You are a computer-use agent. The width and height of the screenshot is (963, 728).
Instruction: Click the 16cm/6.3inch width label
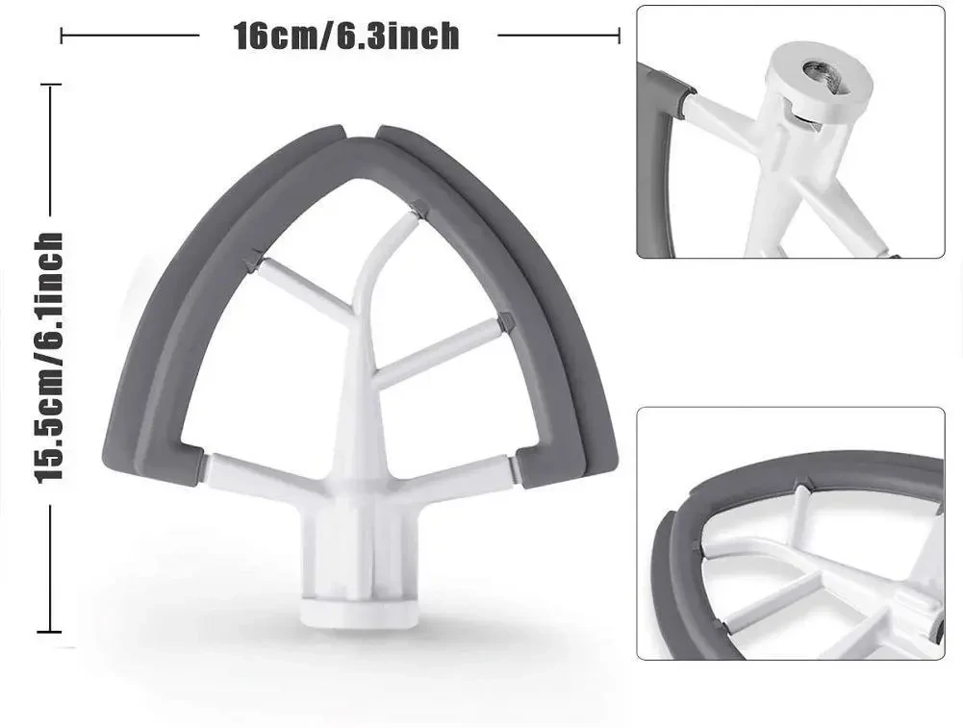[x=346, y=37]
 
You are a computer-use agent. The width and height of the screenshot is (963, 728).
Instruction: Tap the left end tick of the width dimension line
[x=62, y=37]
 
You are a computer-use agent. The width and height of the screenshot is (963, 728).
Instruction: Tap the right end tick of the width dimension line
[x=619, y=37]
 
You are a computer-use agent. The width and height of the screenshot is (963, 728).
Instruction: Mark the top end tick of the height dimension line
[x=49, y=85]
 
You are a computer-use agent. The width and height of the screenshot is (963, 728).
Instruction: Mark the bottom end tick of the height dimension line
[x=49, y=632]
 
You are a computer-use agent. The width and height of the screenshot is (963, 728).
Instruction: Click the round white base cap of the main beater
[x=359, y=610]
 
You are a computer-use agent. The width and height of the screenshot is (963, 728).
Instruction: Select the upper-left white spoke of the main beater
[x=303, y=289]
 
